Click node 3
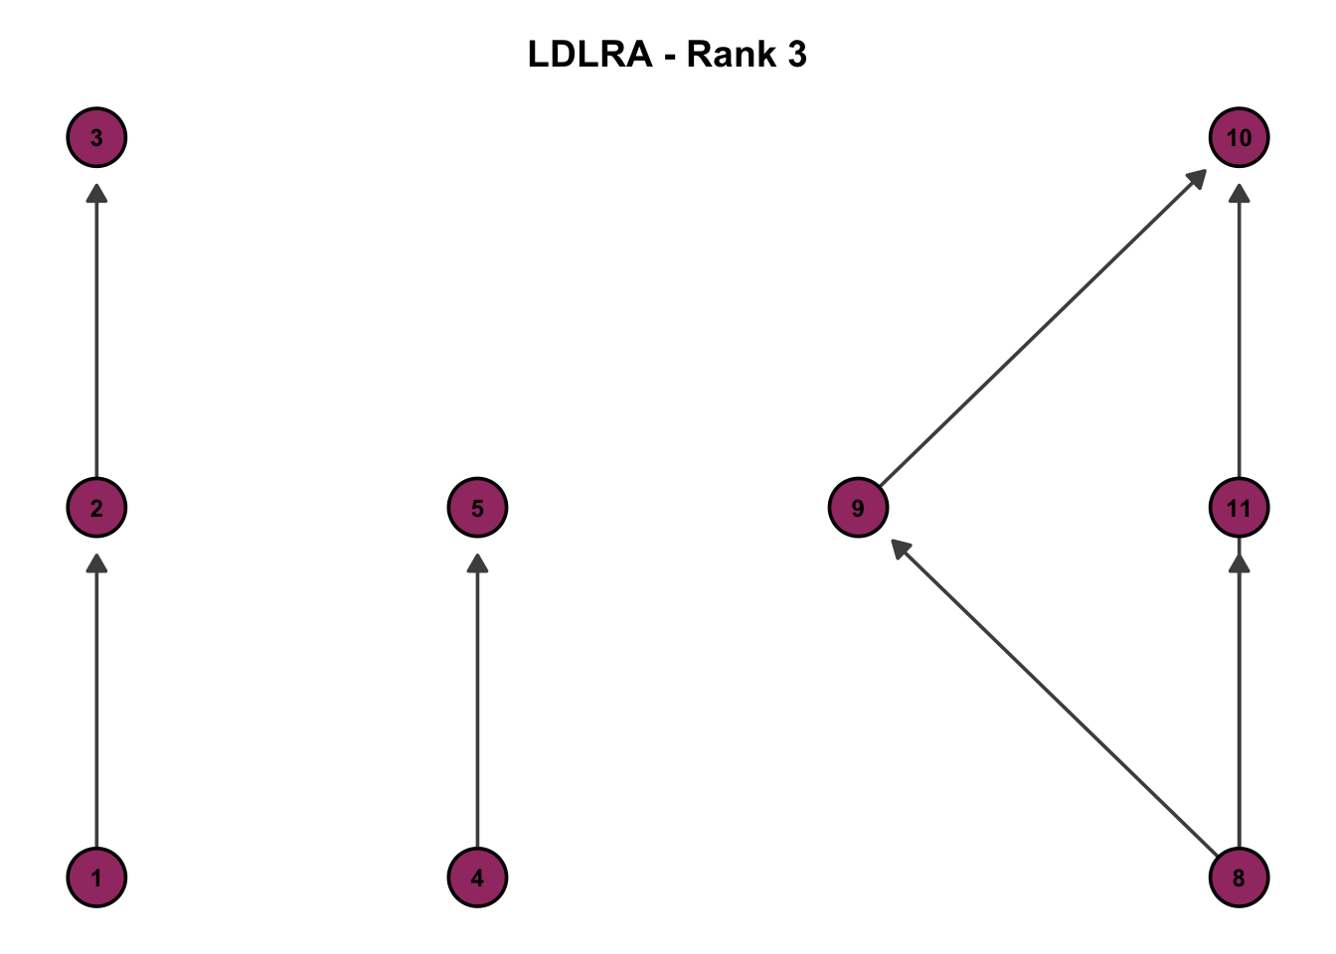click(96, 137)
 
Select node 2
click(96, 508)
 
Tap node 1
click(96, 877)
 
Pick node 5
click(477, 508)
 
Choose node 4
click(477, 877)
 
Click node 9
click(858, 508)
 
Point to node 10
click(1239, 137)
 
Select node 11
click(1239, 508)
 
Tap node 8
click(1239, 877)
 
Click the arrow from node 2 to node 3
click(96, 328)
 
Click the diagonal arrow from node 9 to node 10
click(1044, 328)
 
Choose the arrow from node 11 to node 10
click(1239, 328)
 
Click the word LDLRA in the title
click(589, 54)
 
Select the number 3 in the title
click(796, 54)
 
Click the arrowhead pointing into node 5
click(477, 564)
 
